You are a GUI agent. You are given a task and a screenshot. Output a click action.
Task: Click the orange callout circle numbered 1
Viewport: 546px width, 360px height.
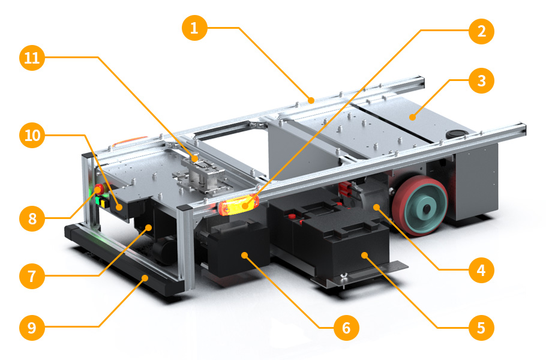[x=194, y=28]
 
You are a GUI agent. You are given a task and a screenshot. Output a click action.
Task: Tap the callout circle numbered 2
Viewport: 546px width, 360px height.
[x=482, y=31]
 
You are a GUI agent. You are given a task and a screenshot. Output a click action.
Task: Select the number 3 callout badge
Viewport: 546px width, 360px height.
[x=482, y=81]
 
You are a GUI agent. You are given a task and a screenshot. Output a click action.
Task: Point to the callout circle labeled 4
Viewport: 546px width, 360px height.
[x=482, y=270]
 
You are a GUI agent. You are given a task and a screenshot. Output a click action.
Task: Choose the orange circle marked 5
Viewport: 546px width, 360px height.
[x=482, y=328]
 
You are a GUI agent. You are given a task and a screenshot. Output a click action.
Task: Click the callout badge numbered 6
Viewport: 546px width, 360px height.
[x=346, y=328]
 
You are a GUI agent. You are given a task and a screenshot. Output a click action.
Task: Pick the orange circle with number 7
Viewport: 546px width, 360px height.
[x=32, y=276]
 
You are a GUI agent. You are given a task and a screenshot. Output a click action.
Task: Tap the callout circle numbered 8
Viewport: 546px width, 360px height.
[x=32, y=218]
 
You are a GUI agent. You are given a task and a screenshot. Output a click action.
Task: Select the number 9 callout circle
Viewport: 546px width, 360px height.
[x=32, y=328]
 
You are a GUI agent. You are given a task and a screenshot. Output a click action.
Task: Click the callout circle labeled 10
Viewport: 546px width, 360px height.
[x=32, y=135]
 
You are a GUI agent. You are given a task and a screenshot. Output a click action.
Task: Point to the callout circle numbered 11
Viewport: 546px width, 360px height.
[x=32, y=58]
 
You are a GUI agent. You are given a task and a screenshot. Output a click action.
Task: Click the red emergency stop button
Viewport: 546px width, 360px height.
[x=99, y=189]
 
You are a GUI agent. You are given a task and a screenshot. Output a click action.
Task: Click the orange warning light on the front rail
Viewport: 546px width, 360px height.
[x=238, y=205]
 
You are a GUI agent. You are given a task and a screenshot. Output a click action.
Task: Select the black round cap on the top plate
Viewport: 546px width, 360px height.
[x=456, y=134]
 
